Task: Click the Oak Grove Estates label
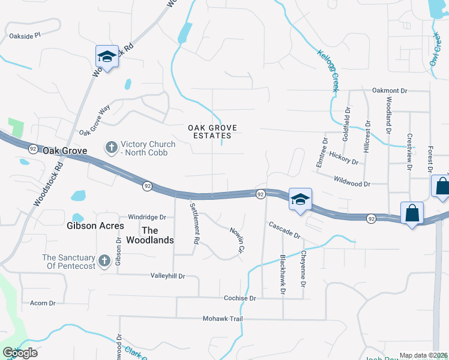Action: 212,131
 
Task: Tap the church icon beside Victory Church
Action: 111,147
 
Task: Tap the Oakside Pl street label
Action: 25,35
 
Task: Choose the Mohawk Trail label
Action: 222,319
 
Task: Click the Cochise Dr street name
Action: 240,298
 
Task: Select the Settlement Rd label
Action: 194,223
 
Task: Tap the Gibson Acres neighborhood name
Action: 95,226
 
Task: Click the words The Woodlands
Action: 157,235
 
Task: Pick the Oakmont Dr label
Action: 390,91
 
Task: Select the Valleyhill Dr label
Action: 167,276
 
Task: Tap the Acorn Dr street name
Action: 43,304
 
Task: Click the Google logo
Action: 20,352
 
